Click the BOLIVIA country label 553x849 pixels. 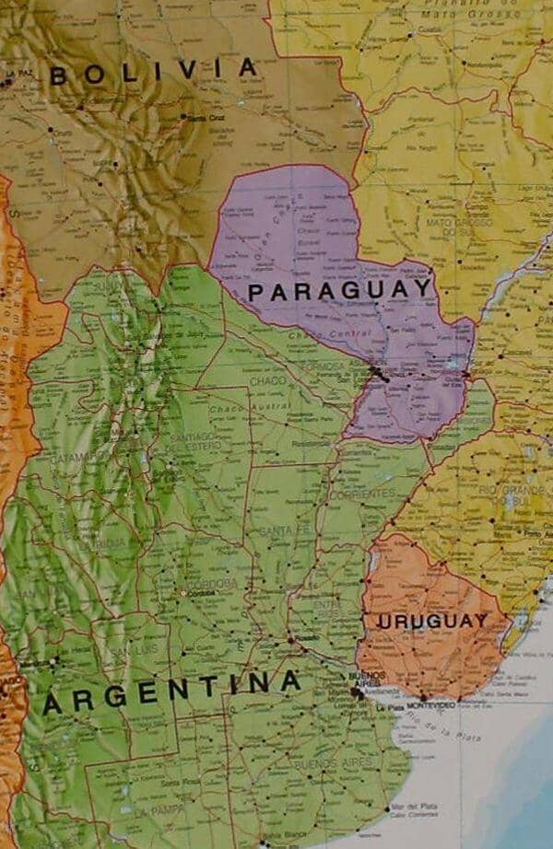153,71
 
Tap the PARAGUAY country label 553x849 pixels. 340,290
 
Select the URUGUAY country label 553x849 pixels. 431,621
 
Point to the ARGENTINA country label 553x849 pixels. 172,692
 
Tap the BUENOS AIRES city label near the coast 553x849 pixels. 361,680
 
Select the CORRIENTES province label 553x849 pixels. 356,494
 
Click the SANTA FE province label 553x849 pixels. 277,531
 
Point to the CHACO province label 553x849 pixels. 267,380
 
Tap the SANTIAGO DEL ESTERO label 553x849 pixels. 194,441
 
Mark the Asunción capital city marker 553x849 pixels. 376,373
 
